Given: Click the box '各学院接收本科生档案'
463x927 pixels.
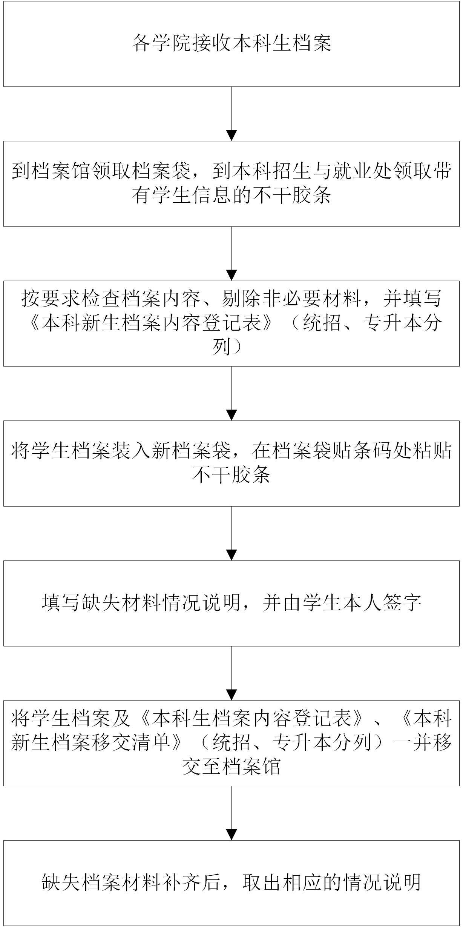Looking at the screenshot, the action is point(231,44).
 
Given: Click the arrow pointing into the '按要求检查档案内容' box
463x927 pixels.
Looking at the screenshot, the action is point(231,254).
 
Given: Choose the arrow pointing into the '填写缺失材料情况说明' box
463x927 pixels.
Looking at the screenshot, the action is point(231,533).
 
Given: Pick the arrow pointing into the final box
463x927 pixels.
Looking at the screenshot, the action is point(231,813).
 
